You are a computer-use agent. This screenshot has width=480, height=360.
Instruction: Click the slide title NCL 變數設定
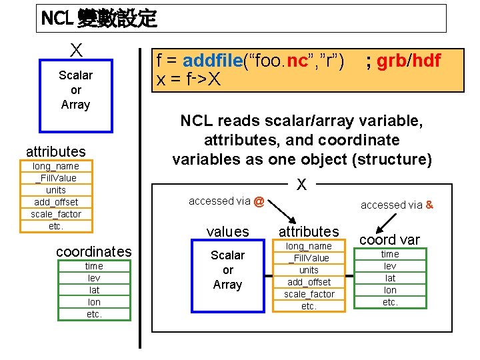[x=99, y=19]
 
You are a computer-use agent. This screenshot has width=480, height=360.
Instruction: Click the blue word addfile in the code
[x=212, y=61]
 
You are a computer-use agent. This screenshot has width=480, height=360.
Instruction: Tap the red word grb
[x=392, y=61]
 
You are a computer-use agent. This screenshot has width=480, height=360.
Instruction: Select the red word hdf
[x=427, y=61]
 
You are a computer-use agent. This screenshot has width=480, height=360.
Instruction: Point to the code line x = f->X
[x=188, y=80]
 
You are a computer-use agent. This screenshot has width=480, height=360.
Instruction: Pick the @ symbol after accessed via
[x=259, y=201]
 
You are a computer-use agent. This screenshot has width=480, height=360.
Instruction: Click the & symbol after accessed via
[x=429, y=205]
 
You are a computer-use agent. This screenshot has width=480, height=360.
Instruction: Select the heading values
[x=227, y=232]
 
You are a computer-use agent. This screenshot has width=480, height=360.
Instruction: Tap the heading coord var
[x=390, y=239]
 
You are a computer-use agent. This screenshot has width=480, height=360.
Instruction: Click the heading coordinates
[x=94, y=251]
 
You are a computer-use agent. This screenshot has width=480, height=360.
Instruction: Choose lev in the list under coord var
[x=390, y=266]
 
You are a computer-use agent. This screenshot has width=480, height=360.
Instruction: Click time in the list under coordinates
[x=94, y=266]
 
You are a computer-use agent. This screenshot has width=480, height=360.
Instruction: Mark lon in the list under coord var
[x=390, y=290]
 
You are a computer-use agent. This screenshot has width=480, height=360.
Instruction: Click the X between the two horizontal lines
[x=301, y=184]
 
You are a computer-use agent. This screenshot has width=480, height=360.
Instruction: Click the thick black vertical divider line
[x=140, y=200]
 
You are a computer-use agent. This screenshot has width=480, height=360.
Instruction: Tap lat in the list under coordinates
[x=94, y=290]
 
